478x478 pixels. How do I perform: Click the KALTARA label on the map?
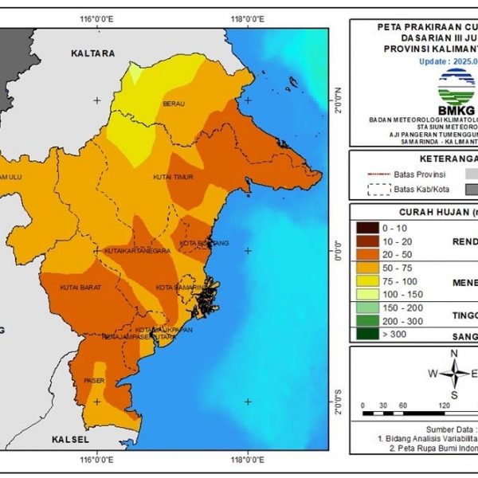coord(93,53)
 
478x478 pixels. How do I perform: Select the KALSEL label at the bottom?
coord(70,439)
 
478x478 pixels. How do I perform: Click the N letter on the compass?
coord(453,354)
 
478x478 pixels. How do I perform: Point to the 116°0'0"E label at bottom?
coord(97,461)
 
